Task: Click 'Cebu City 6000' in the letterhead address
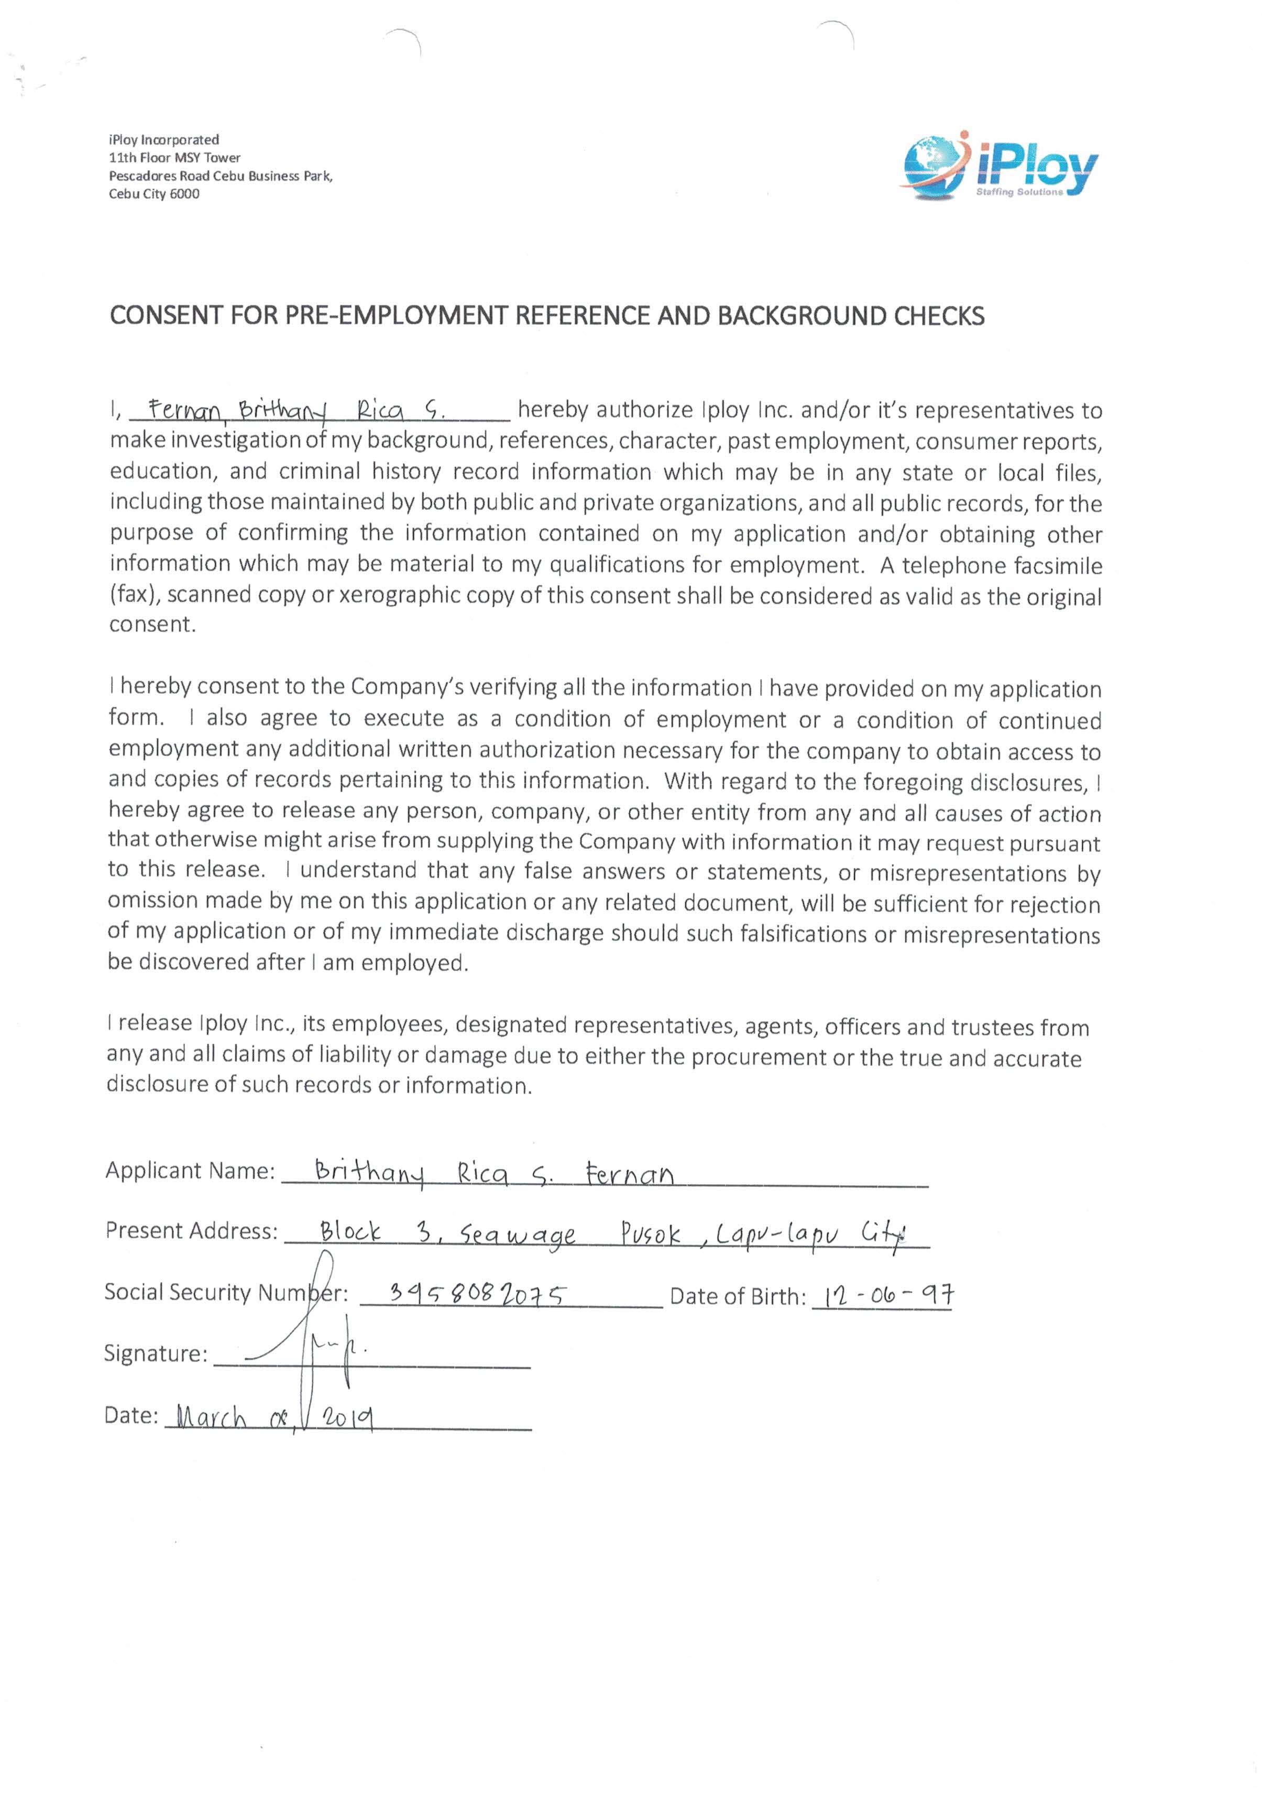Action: (153, 194)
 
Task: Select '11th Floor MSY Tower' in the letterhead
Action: (174, 158)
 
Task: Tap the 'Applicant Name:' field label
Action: (190, 1170)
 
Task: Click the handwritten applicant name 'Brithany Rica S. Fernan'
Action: (493, 1173)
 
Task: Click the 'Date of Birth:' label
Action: (737, 1296)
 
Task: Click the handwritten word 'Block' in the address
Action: (350, 1231)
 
